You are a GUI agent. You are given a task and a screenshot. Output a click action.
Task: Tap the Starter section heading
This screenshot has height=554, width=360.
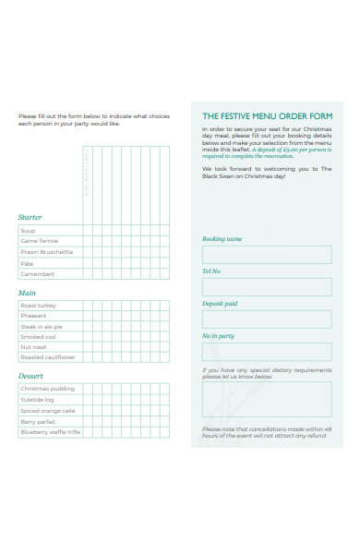coord(30,218)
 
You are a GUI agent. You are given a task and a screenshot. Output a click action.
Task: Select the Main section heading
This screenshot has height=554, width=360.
coord(27,293)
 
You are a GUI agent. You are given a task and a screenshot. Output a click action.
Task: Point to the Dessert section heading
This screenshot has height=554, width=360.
coord(30,377)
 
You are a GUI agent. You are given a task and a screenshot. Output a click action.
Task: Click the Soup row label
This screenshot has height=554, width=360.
coord(28,230)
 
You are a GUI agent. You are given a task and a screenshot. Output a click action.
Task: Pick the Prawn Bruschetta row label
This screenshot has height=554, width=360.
coord(46,251)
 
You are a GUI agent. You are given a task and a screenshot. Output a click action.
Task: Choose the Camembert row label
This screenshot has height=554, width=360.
coord(38,274)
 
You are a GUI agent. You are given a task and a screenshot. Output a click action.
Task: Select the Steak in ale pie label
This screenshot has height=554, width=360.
coord(42,327)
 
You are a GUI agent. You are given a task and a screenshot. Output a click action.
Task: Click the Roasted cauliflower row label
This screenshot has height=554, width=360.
coord(47,357)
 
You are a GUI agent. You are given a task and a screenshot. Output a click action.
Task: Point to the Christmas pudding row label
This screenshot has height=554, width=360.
coord(47,389)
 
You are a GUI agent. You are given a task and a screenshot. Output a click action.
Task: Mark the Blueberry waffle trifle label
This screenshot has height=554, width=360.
coord(50,432)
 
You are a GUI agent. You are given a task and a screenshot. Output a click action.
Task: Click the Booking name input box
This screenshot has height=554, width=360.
coord(266,255)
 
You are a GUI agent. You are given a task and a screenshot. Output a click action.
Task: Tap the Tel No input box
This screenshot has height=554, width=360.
coord(266,287)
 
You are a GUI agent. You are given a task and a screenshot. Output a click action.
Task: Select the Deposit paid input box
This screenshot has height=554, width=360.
coord(266,319)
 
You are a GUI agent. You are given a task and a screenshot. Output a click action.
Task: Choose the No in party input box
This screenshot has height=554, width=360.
coord(266,352)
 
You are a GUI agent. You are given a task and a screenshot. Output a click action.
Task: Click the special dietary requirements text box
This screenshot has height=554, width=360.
coord(266,400)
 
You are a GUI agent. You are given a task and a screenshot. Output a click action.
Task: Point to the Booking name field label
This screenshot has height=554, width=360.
coord(222,239)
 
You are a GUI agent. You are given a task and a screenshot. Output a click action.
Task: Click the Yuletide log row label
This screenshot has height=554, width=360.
coord(38,400)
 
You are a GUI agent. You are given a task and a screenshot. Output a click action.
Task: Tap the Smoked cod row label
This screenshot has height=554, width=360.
coord(38,337)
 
